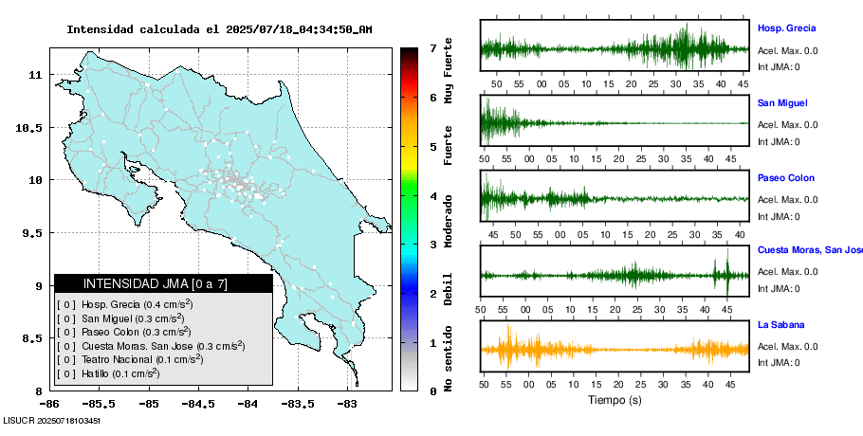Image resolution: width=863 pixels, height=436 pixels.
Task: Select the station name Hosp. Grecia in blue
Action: point(786,28)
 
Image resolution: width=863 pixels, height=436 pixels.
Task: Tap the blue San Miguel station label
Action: point(782,103)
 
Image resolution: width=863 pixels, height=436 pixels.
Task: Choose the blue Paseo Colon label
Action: point(785,178)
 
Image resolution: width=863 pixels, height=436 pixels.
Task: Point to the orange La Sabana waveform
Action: point(615,349)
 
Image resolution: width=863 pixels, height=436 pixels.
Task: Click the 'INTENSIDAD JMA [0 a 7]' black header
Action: point(163,283)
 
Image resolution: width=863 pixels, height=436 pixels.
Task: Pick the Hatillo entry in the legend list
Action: point(107,373)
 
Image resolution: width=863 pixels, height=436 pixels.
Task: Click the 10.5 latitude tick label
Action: point(31,128)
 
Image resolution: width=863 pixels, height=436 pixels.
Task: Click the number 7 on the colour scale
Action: point(432,48)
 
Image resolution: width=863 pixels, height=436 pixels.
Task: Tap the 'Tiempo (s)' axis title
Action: point(615,401)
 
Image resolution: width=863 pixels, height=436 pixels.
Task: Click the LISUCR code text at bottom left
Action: point(52,419)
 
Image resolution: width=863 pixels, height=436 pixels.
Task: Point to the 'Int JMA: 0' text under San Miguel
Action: point(778,142)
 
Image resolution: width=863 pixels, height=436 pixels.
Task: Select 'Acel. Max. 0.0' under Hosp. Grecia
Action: point(787,51)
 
